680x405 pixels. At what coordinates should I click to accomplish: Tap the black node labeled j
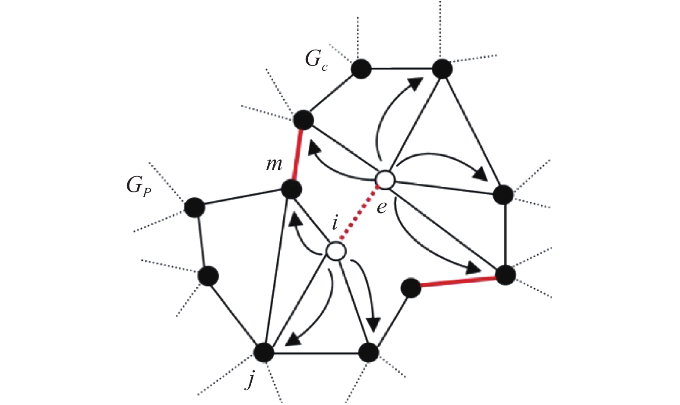coord(264,353)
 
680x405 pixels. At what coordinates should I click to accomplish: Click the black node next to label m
coord(291,189)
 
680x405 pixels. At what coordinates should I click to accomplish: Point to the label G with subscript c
coord(316,60)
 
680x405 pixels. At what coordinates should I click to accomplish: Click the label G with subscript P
coord(138,186)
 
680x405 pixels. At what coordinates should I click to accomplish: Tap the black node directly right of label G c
coord(361,69)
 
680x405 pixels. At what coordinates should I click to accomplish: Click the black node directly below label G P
coord(194,207)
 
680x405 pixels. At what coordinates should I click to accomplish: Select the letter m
coord(274,164)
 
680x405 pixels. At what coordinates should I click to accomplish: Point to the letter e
coord(382,207)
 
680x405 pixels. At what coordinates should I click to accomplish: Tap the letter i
coord(335,224)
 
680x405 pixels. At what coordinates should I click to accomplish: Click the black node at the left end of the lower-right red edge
coord(411,288)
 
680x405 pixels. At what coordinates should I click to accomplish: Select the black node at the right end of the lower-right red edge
coord(506,275)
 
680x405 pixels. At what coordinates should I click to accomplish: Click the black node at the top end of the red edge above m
coord(303,119)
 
